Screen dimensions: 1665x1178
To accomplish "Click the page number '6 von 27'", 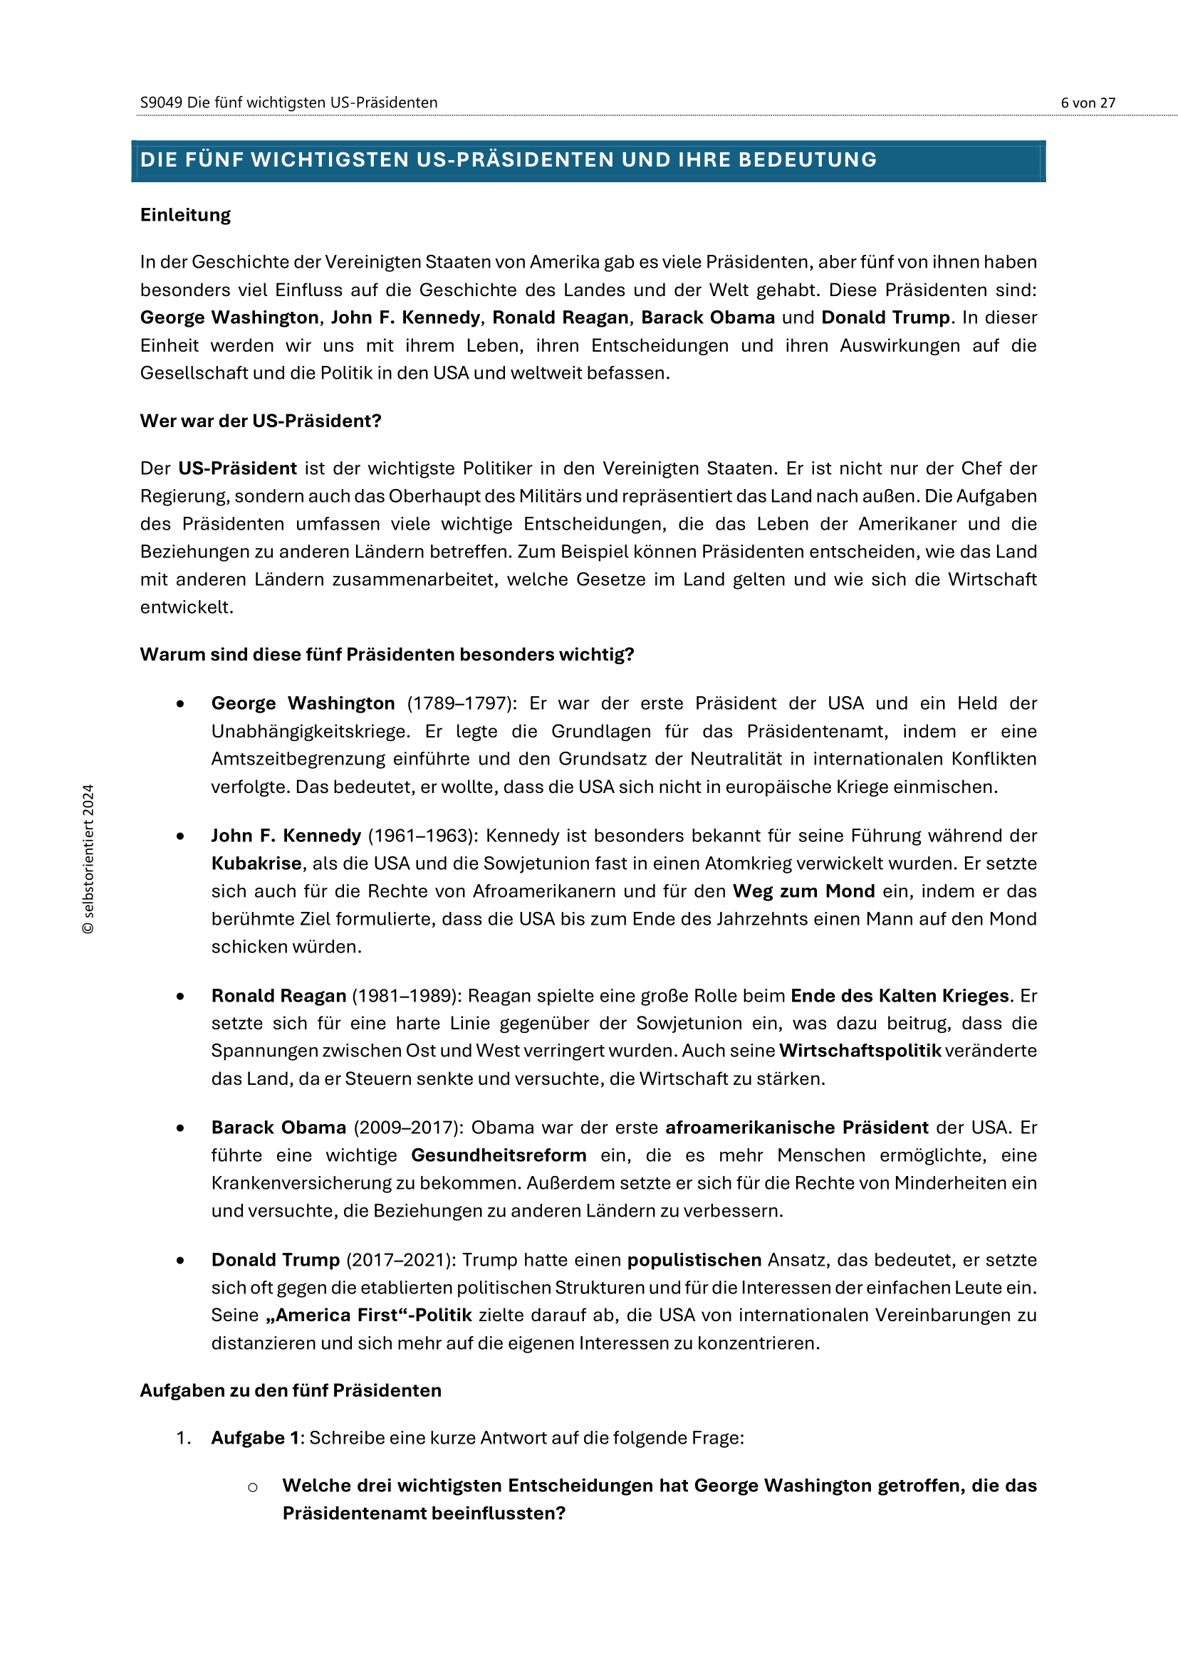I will pos(1088,103).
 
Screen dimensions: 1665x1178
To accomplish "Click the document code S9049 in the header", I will pos(161,103).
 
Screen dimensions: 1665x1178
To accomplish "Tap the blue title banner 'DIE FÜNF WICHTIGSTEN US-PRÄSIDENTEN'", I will pos(508,160).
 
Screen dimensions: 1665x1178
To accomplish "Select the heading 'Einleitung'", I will pos(185,216).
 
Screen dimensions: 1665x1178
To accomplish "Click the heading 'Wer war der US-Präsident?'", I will pos(261,421).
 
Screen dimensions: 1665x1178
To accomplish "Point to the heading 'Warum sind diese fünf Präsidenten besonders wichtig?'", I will pos(387,655).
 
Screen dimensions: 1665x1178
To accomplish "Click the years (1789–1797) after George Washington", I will pos(462,703).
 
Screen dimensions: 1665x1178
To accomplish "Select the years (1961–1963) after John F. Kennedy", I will pos(423,836).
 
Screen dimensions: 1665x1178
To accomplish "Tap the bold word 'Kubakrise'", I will pos(256,863).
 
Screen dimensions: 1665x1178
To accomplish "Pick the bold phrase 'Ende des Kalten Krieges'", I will pos(900,996).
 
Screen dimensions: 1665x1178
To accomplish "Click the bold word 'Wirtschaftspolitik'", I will pos(860,1051).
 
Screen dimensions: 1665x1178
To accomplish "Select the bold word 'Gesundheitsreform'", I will pos(499,1155).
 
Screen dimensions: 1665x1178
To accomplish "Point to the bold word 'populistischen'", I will pos(694,1260).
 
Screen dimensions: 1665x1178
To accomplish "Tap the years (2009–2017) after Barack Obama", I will pos(407,1128).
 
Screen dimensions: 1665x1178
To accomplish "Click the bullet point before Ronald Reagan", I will pos(180,997).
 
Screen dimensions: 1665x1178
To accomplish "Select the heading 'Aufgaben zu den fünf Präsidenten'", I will pos(290,1391).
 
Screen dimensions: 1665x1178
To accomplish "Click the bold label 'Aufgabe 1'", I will pos(256,1438).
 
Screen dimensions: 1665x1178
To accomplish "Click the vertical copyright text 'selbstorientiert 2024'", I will pos(88,858).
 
